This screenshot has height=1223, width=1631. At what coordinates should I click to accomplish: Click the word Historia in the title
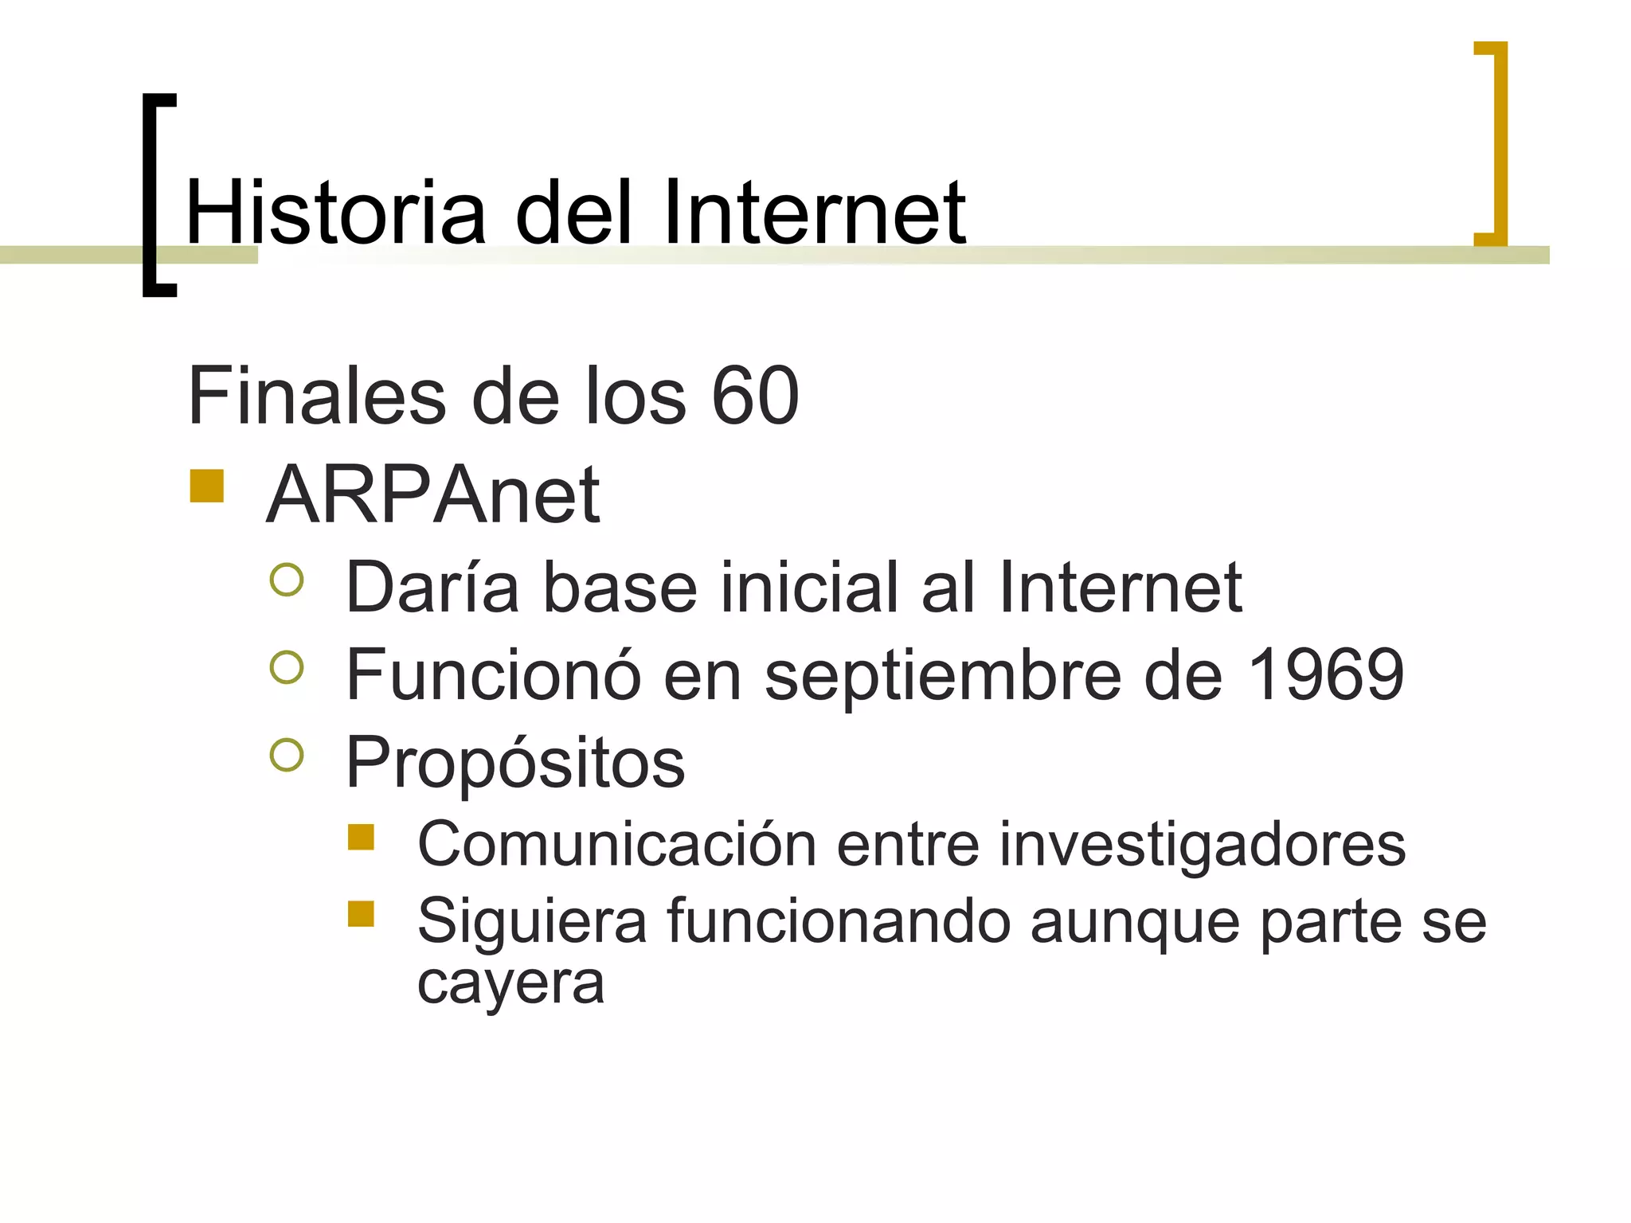[334, 213]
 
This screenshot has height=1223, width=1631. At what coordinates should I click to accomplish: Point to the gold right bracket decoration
[1496, 143]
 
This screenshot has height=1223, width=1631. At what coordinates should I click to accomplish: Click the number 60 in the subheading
[754, 396]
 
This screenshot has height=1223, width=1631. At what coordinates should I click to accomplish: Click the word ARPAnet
[432, 495]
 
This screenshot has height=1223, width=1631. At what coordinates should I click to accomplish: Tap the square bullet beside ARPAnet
[206, 486]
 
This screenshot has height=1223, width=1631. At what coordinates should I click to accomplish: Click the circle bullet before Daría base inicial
[287, 580]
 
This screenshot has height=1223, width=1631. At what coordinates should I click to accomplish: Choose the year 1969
[1324, 674]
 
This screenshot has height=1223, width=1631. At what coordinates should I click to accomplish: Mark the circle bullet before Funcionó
[287, 667]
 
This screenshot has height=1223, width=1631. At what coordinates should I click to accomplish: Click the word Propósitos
[515, 763]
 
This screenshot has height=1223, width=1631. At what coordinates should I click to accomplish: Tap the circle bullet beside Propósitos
[287, 755]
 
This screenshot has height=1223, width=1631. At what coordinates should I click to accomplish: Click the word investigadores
[1203, 844]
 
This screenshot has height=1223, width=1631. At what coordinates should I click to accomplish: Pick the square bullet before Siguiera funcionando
[361, 913]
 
